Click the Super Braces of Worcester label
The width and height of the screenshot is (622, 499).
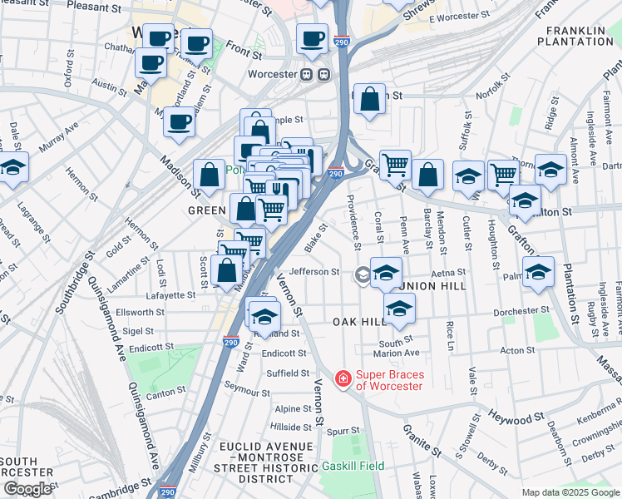pyautogui.click(x=390, y=379)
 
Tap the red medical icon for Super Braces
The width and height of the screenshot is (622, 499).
pyautogui.click(x=342, y=379)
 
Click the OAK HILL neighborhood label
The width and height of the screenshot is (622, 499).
pyautogui.click(x=360, y=322)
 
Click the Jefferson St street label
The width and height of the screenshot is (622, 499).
pyautogui.click(x=314, y=271)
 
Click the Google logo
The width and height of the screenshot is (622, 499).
pyautogui.click(x=27, y=489)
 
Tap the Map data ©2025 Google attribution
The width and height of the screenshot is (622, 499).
pyautogui.click(x=570, y=492)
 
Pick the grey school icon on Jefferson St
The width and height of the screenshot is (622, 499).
pyautogui.click(x=363, y=274)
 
